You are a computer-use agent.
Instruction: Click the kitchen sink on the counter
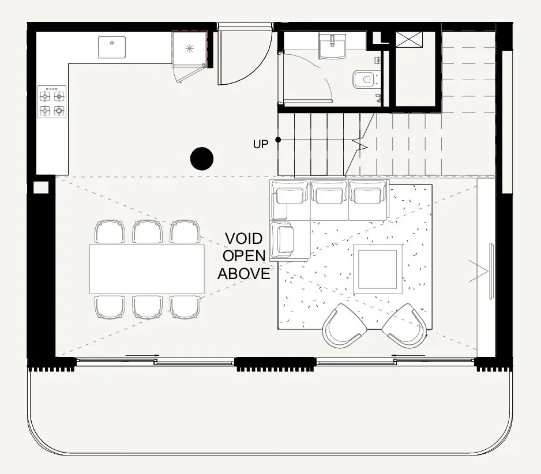[112, 47]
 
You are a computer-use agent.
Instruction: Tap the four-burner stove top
[52, 102]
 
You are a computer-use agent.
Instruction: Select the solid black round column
[202, 159]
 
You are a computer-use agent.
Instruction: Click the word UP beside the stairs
[261, 144]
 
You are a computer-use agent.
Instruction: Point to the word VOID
[243, 239]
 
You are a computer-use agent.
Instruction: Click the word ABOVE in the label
[243, 273]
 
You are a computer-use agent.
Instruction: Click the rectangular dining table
[147, 269]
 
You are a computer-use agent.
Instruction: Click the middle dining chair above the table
[148, 232]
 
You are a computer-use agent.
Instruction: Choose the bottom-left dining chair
[110, 307]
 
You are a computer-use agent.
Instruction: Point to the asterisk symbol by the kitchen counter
[189, 48]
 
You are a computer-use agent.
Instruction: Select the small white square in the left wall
[41, 187]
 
